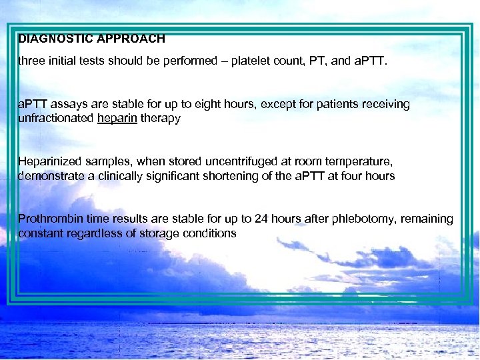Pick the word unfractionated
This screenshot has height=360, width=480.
tap(56, 118)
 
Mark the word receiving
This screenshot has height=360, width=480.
tap(387, 104)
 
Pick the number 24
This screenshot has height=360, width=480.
tap(244, 219)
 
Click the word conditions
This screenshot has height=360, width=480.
tap(210, 233)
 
